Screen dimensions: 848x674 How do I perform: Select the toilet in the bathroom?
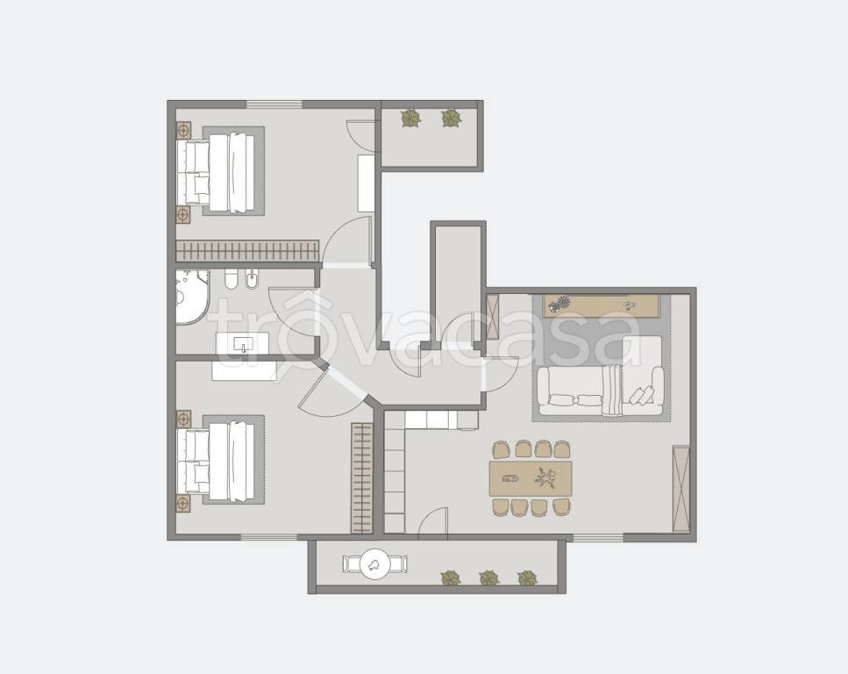point(232,279)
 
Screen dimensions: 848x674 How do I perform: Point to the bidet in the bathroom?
point(252,279)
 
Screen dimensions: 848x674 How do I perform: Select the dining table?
point(531,478)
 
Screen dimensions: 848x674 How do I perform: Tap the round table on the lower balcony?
point(374,564)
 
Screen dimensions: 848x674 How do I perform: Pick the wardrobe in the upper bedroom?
point(247,251)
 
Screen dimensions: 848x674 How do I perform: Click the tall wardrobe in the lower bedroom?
point(362,478)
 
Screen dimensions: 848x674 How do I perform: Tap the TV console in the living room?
point(602,306)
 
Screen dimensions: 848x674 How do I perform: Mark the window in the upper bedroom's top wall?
point(274,104)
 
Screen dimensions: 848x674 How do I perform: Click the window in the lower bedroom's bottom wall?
point(269,537)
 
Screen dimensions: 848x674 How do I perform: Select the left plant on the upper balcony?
point(411,118)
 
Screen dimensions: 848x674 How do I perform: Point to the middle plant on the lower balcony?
point(489,578)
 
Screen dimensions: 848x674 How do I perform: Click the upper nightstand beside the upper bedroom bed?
point(184,130)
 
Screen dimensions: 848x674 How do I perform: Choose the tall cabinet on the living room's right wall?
point(681,488)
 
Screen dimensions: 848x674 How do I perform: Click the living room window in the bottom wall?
point(598,538)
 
